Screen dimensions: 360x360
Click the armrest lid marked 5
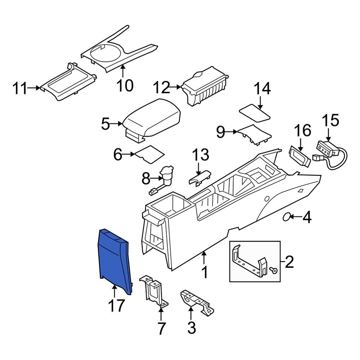click(x=151, y=119)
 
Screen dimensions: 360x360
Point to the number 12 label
click(x=161, y=87)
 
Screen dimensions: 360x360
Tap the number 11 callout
click(x=20, y=87)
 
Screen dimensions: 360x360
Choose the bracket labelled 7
click(x=153, y=292)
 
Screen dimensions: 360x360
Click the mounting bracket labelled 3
click(x=196, y=303)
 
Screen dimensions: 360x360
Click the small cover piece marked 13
click(x=200, y=178)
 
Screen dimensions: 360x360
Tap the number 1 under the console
click(x=204, y=273)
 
